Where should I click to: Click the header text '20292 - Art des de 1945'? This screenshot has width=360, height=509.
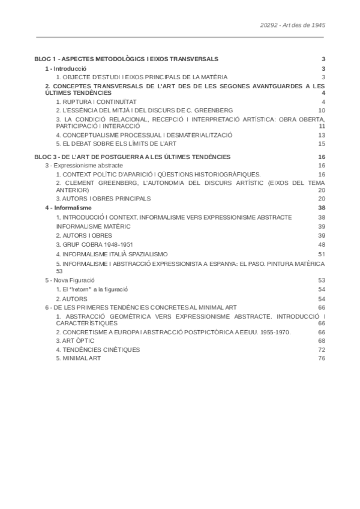293,26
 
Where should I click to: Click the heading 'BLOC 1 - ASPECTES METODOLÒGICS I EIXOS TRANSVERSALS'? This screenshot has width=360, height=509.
127,59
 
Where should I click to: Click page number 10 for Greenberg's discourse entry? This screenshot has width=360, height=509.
322,110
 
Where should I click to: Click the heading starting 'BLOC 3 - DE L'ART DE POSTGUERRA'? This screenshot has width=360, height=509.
133,157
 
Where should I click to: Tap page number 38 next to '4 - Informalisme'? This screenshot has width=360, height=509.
322,207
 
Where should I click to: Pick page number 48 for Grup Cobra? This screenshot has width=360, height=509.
322,245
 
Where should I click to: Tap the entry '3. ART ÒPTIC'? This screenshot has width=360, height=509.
75,340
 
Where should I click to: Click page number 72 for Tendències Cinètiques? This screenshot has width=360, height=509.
322,349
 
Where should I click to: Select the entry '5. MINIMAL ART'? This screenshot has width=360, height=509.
79,358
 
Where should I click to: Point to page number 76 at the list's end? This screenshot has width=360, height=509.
322,358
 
